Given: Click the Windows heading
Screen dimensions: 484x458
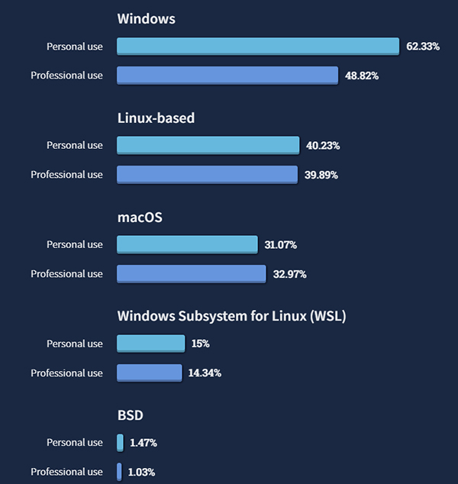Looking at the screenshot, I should (146, 18).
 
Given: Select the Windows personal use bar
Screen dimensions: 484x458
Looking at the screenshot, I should (258, 47).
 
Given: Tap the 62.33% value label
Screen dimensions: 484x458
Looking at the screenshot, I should (423, 47).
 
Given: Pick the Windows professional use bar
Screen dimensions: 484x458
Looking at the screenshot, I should (227, 76).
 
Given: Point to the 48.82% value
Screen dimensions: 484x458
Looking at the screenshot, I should (362, 76).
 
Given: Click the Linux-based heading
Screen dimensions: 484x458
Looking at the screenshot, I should (156, 118).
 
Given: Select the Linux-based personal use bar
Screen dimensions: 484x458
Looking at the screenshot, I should (208, 145).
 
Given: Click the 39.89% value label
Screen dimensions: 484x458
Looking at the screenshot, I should (321, 175).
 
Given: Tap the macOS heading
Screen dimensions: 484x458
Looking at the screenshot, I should (140, 217).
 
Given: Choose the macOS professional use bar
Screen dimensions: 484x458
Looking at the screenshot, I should (191, 273).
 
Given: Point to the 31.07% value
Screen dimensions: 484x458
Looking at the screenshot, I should (280, 244).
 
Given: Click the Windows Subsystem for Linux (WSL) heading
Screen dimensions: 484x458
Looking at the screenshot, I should (231, 315).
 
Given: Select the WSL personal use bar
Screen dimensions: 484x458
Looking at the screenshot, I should (150, 344).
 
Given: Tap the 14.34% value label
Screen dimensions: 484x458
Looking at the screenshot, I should (205, 373).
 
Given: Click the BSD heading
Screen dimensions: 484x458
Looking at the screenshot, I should (130, 415).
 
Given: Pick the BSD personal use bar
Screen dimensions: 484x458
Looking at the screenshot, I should (120, 443).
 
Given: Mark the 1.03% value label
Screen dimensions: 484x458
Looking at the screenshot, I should (142, 472).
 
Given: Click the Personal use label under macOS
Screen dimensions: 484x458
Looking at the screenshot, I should (74, 244).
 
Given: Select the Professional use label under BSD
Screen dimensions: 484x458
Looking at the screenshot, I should (66, 472).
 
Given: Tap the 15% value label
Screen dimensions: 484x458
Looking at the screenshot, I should (200, 344).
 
